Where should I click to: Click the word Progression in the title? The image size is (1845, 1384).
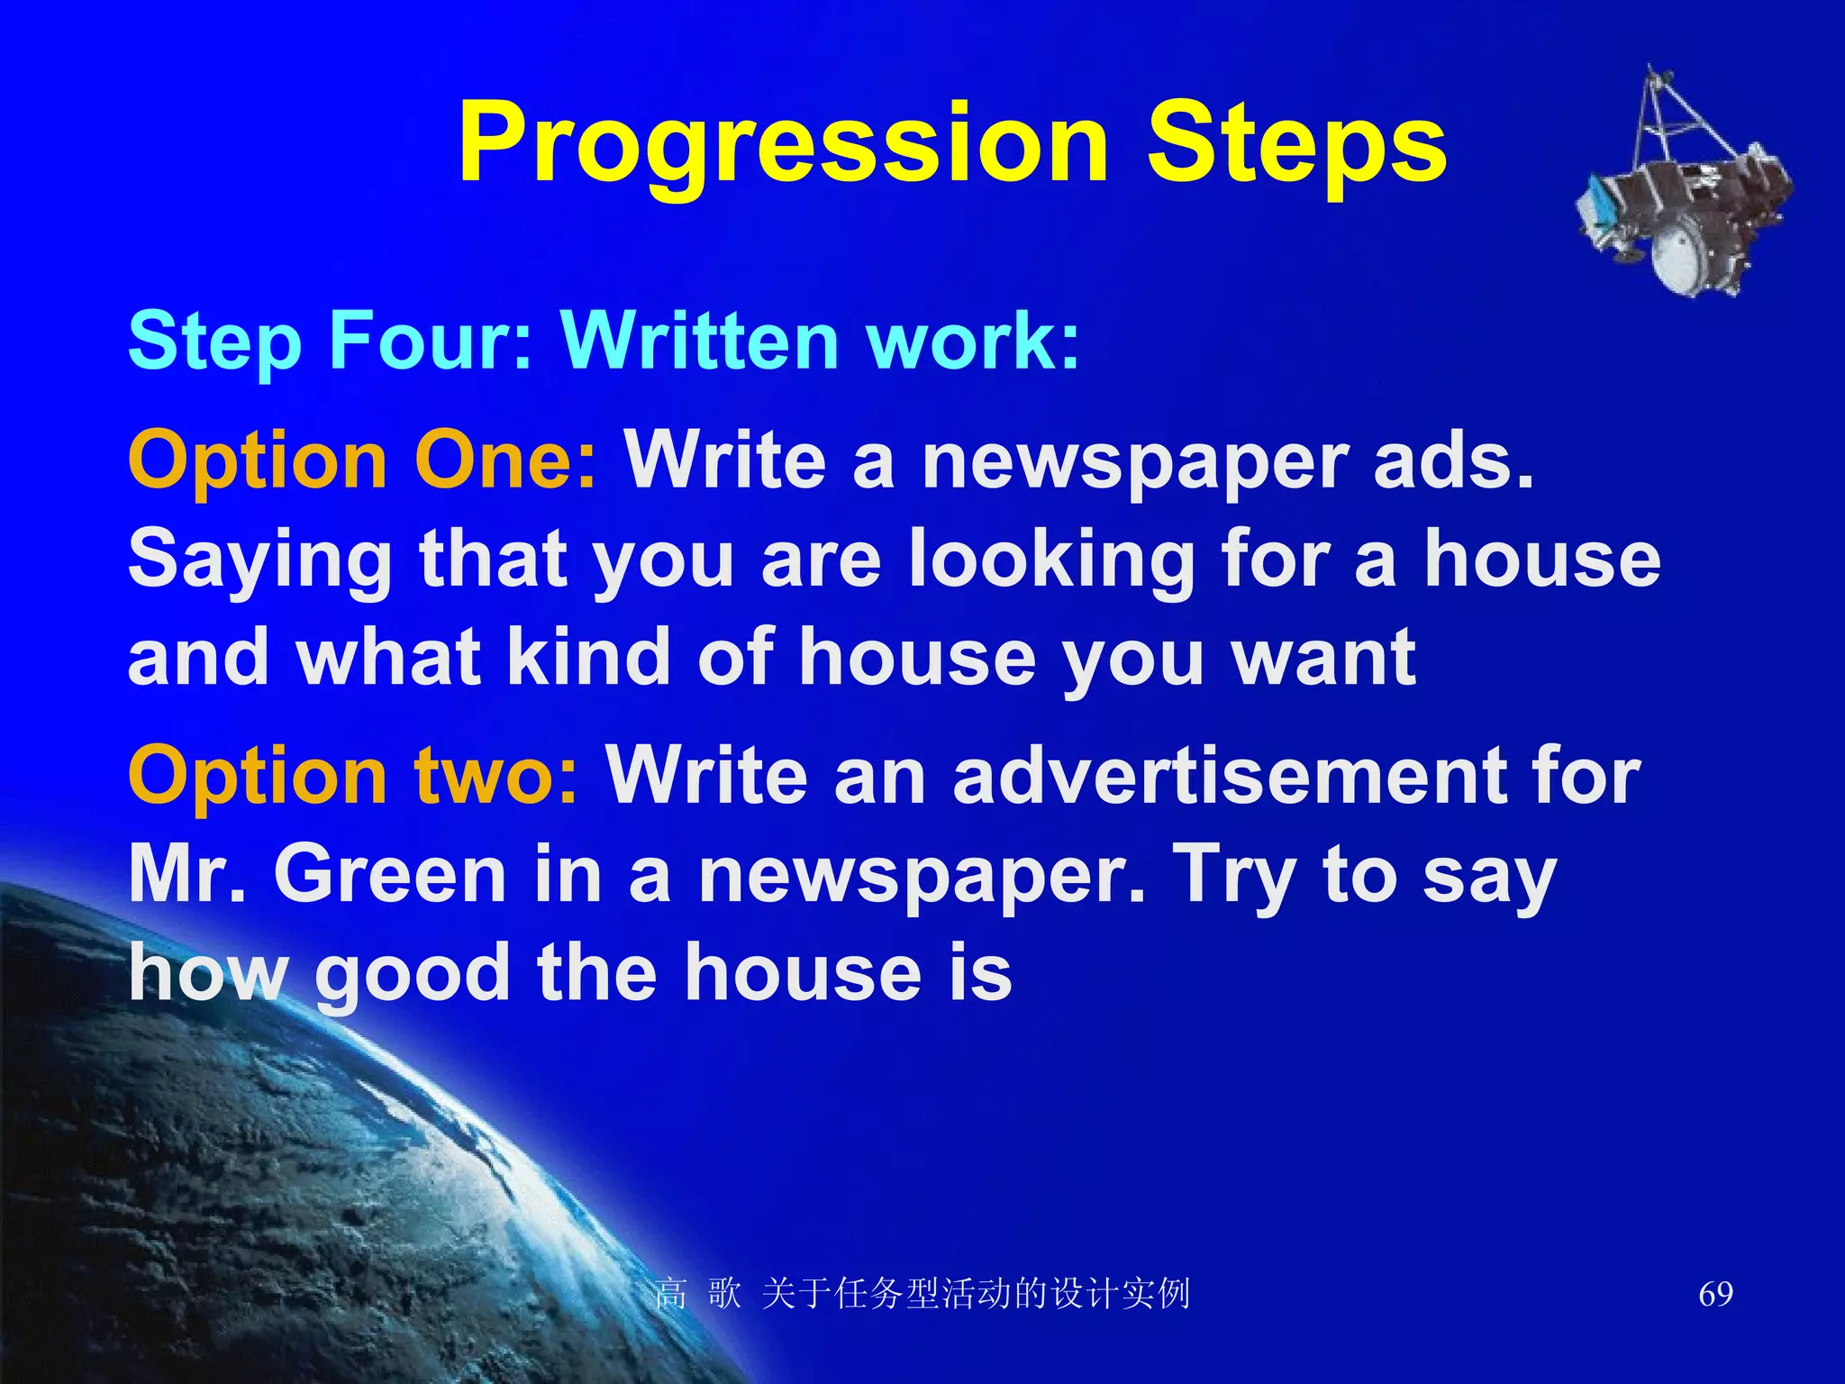click(783, 144)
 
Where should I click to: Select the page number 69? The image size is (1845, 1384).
click(1715, 1294)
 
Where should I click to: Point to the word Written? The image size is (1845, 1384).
click(699, 341)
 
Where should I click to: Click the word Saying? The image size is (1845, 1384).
click(259, 560)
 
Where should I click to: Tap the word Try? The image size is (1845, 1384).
click(1233, 876)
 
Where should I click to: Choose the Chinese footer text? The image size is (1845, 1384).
click(922, 1294)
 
